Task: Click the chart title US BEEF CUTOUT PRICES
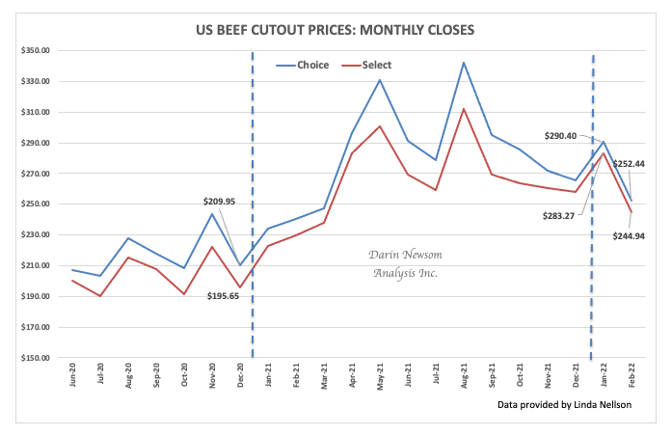point(336,28)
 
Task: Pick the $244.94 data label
point(632,234)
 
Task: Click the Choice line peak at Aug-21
point(464,63)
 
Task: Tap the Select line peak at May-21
point(380,126)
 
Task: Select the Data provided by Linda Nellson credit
point(565,404)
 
